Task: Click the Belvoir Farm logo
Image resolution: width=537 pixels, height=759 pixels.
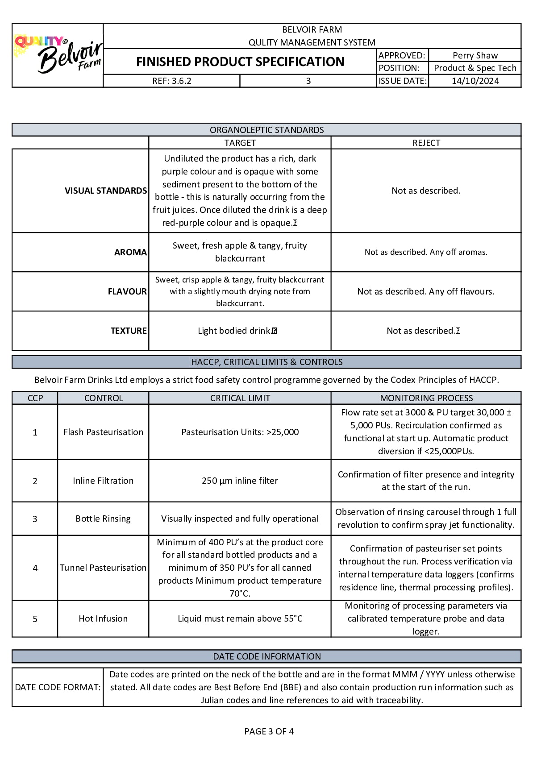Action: point(58,55)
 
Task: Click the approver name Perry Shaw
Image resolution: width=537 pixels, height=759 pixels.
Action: point(475,55)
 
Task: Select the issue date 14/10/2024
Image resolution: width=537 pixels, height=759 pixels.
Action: point(475,81)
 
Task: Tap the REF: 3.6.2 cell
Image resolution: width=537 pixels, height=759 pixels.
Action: point(172,81)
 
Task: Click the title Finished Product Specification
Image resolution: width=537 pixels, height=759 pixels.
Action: point(240,62)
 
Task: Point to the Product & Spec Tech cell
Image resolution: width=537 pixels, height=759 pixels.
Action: point(475,68)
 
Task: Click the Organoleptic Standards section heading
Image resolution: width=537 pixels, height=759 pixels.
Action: point(266,130)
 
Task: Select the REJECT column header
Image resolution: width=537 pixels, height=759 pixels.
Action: point(426,143)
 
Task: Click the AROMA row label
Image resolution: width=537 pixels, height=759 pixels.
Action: point(130,252)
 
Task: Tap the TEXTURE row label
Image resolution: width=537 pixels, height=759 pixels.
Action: point(129,331)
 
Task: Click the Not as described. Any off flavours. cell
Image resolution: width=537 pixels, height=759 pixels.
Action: point(426,291)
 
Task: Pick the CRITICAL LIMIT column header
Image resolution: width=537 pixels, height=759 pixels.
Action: point(240,398)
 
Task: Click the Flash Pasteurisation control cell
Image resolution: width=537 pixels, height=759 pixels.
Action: point(103,432)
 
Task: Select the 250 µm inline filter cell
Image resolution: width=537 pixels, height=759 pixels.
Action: point(240,481)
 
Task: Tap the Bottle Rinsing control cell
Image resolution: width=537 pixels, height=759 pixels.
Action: point(103,518)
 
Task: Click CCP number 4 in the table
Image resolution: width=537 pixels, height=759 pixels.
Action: point(35,568)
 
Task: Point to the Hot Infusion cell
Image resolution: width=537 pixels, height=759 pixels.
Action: point(103,618)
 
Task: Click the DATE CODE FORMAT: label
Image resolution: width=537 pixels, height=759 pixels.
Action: point(58,687)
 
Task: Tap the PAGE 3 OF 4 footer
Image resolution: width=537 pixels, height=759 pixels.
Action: point(269,731)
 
